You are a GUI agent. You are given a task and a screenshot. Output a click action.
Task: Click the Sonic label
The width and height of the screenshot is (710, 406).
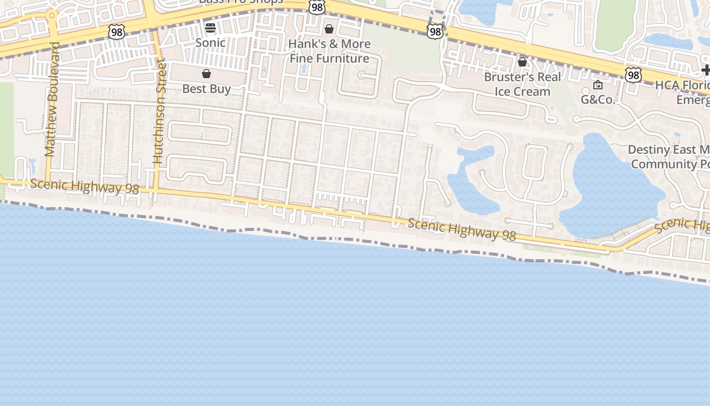click(x=210, y=43)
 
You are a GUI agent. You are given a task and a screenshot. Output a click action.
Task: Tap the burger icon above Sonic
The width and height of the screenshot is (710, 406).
click(x=210, y=27)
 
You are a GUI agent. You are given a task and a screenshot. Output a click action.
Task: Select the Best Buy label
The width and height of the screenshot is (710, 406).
click(x=206, y=89)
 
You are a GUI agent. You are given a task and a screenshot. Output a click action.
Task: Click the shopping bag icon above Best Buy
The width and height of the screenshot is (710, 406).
click(x=206, y=74)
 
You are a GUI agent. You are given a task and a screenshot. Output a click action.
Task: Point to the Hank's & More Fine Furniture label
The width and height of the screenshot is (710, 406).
click(x=330, y=51)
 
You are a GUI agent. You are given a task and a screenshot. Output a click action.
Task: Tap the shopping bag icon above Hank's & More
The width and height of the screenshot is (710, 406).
click(x=329, y=29)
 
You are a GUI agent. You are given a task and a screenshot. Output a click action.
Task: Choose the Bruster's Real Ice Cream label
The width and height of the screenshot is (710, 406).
click(x=522, y=84)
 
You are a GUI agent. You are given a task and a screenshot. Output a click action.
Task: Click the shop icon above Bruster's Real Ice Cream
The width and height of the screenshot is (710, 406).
click(x=522, y=62)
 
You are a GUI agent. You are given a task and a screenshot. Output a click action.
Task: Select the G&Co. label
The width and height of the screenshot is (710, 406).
click(x=598, y=99)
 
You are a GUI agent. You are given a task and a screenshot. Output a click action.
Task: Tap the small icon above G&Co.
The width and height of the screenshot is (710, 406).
click(x=598, y=85)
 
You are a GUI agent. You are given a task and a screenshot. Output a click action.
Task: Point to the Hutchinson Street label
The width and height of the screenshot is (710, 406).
click(x=159, y=111)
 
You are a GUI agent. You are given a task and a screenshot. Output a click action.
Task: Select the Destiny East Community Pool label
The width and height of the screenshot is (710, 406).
click(x=669, y=157)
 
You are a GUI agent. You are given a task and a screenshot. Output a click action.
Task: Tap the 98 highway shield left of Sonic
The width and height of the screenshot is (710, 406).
click(x=116, y=32)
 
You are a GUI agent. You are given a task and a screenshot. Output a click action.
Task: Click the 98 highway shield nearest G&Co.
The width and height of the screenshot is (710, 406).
click(x=633, y=75)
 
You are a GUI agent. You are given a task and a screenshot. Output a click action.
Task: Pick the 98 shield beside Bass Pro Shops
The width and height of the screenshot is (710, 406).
click(x=316, y=7)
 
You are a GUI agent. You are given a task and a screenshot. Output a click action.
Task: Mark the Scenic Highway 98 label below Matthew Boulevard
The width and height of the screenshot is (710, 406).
click(x=84, y=186)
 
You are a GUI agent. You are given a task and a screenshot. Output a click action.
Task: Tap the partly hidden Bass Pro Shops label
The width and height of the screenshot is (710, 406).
click(x=241, y=2)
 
